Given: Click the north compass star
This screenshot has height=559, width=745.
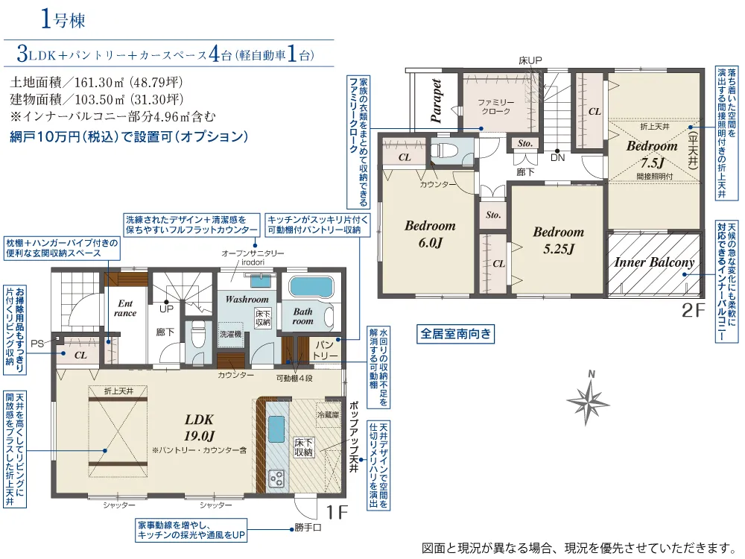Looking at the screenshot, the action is pos(589,401).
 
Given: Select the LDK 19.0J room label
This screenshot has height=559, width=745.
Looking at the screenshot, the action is pos(200,427).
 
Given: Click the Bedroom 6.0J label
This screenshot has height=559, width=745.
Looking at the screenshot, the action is pos(430,234).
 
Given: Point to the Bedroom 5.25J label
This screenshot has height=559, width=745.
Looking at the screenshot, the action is pos(559,241).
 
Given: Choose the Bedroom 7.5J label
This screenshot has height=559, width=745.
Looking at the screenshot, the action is pos(652,154).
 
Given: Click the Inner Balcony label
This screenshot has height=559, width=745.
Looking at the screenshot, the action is pos(654,262).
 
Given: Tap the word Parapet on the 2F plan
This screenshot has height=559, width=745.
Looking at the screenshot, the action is pos(436,101).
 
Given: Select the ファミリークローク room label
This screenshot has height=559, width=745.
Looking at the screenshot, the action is pos(495,107).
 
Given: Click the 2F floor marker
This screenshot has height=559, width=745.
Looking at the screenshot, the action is pos(693,310).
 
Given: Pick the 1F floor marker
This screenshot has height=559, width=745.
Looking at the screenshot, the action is pos(337,512).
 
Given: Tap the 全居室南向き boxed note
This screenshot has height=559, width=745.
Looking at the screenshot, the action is pos(455,334).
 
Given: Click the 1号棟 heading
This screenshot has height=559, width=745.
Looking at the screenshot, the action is pos(63,19).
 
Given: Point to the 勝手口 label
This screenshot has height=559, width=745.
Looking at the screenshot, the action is pos(308,528).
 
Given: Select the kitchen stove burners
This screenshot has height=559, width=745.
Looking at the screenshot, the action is pos(276,479).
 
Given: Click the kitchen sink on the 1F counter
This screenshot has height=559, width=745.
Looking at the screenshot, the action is pos(276,429).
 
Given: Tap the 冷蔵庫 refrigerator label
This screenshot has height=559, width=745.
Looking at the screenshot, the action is pos(329,415).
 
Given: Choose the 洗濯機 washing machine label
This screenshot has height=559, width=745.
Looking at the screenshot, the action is pos(230,334).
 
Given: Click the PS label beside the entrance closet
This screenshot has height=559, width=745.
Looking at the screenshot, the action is pos(37,344).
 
